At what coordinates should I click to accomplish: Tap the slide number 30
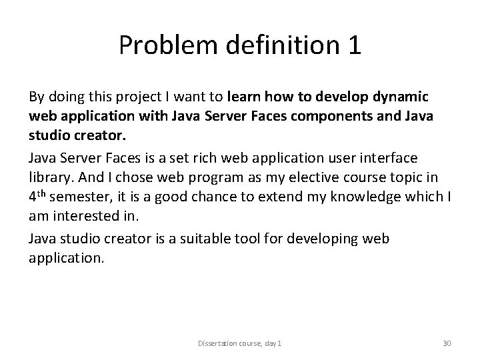point(447,343)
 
